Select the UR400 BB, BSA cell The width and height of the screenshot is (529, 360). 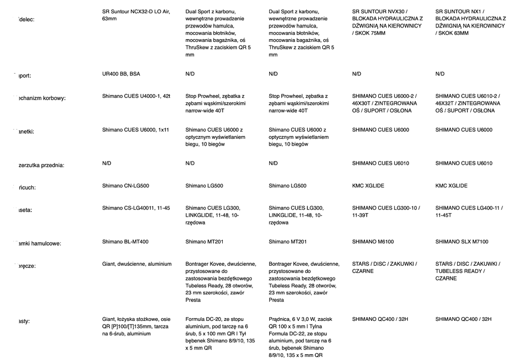[121, 74]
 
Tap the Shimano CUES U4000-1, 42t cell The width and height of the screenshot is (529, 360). [136, 96]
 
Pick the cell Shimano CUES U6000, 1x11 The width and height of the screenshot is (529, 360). [135, 130]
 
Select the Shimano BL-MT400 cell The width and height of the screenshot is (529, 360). [125, 242]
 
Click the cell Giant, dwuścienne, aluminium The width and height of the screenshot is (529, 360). [136, 264]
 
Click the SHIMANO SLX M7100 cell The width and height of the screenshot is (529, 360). [462, 242]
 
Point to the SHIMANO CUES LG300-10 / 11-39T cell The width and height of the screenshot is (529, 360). [386, 212]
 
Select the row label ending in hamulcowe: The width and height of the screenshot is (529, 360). [40, 244]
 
